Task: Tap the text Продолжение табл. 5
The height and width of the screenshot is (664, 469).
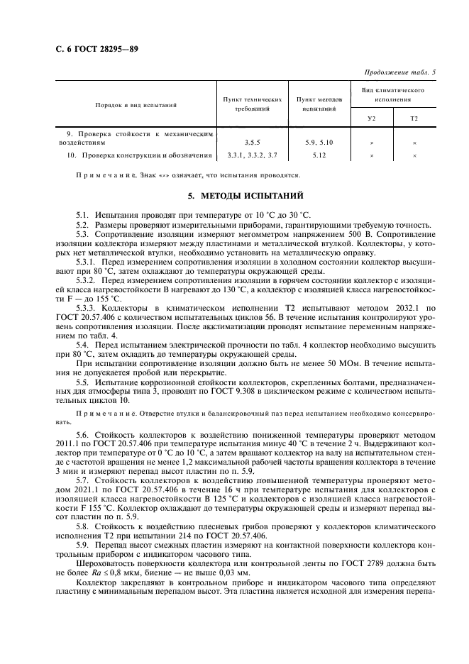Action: tap(401, 72)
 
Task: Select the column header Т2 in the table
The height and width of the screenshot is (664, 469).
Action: tap(414, 118)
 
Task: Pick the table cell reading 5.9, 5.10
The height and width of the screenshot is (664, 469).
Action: tap(317, 142)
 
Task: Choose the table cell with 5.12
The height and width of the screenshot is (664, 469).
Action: tap(317, 155)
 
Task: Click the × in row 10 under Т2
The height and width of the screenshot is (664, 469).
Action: tap(414, 155)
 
